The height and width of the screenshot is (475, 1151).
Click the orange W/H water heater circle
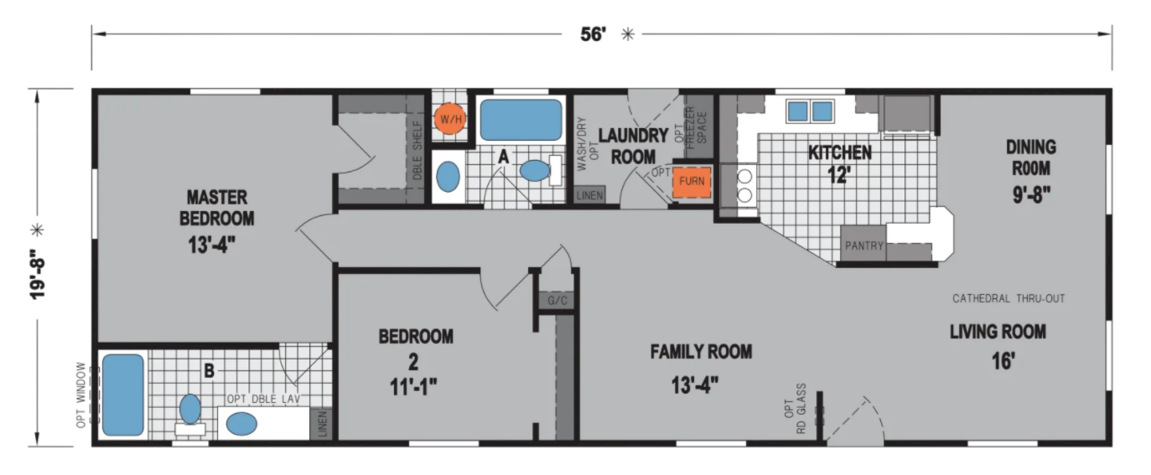coord(450,119)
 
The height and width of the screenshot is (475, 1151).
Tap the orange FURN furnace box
coord(692,182)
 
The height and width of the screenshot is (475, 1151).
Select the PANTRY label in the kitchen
coord(864,246)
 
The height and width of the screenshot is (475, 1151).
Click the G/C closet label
coord(557,301)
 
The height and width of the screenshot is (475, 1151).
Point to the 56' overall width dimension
coord(593,34)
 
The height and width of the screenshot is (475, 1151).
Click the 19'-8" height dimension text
coord(37,274)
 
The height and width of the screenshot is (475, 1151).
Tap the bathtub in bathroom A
coord(521,120)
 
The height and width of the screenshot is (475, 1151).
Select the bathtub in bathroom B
coord(122,395)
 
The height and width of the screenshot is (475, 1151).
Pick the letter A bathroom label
coord(503,157)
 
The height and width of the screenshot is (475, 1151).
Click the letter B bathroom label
coord(209,370)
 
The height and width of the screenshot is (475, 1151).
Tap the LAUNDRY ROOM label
coord(633,147)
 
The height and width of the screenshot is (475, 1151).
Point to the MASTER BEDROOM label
coord(217,208)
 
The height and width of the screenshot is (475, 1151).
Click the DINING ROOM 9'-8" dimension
coord(1031,194)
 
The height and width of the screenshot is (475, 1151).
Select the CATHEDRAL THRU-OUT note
coord(1008,298)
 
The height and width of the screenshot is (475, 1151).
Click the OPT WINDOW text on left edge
coord(81,395)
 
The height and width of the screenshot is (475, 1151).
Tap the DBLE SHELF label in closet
coord(417,150)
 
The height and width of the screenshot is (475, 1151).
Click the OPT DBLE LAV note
coord(263,399)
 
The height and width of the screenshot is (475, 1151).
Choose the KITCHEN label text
coord(840,152)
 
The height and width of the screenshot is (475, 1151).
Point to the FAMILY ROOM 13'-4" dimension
coord(695,385)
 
